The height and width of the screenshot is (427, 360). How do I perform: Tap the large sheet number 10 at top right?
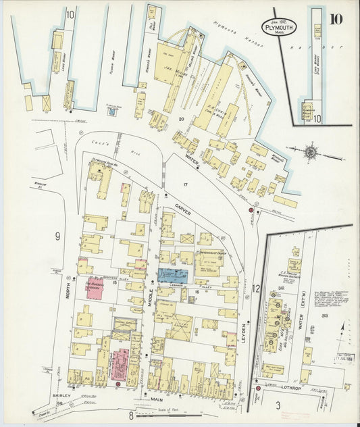point(335,18)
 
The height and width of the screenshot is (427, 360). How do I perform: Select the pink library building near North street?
point(99,286)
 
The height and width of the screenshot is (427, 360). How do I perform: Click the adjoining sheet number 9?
point(58,236)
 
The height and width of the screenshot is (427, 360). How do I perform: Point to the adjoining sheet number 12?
point(255,288)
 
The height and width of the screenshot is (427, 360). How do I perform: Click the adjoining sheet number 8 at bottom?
point(131,416)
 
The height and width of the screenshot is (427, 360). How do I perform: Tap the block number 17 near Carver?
point(182,184)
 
